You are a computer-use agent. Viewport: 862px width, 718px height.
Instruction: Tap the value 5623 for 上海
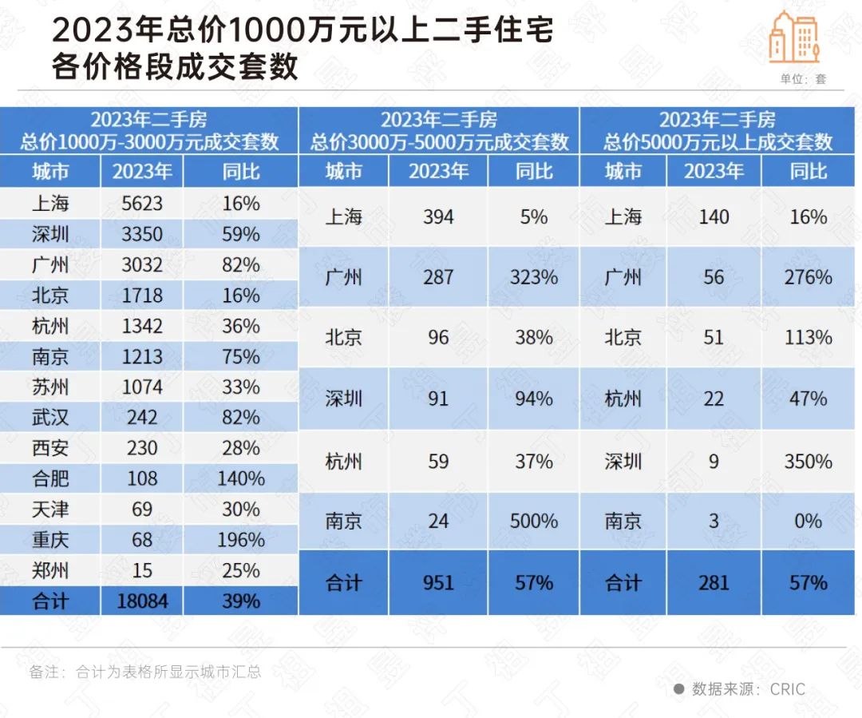142,204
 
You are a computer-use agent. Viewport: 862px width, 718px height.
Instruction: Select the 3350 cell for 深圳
142,234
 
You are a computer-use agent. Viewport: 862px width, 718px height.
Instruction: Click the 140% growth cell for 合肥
241,478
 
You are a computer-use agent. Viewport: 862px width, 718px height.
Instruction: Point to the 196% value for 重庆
241,540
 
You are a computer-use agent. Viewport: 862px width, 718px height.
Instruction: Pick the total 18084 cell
142,601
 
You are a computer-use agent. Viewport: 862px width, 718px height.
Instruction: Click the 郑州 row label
50,571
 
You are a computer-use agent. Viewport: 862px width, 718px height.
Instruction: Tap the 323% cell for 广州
534,277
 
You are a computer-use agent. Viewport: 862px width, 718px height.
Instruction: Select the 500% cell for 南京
534,522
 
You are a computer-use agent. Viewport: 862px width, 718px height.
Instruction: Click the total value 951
438,583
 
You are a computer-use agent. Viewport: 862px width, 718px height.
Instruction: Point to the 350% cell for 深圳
809,462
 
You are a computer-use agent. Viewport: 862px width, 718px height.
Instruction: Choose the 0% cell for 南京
809,522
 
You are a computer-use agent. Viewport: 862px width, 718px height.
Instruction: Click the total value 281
714,583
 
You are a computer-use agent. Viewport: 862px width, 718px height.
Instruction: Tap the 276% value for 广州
809,277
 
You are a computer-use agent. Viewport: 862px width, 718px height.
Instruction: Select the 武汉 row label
50,418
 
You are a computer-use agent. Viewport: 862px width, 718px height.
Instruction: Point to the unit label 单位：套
804,79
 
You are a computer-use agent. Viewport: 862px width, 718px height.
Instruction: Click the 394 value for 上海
438,216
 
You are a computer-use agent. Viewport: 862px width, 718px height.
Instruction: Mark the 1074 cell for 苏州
142,387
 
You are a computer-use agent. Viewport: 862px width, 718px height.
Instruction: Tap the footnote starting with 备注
145,672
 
